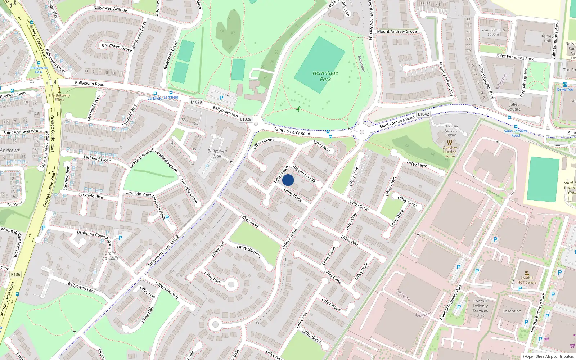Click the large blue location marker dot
[288, 180]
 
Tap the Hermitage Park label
[325, 76]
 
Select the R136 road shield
[15, 274]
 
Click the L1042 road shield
[423, 114]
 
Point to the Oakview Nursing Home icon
[449, 142]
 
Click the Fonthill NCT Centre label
[527, 280]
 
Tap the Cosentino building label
[512, 311]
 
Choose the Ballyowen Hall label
[217, 153]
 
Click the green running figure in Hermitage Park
[298, 109]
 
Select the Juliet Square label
[514, 107]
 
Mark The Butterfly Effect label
[59, 98]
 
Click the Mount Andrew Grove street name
[397, 32]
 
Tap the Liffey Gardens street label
[249, 251]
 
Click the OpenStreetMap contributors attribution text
[548, 356]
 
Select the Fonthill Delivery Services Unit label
[480, 308]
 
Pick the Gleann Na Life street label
[304, 174]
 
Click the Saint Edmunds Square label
[493, 32]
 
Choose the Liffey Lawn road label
[417, 165]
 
